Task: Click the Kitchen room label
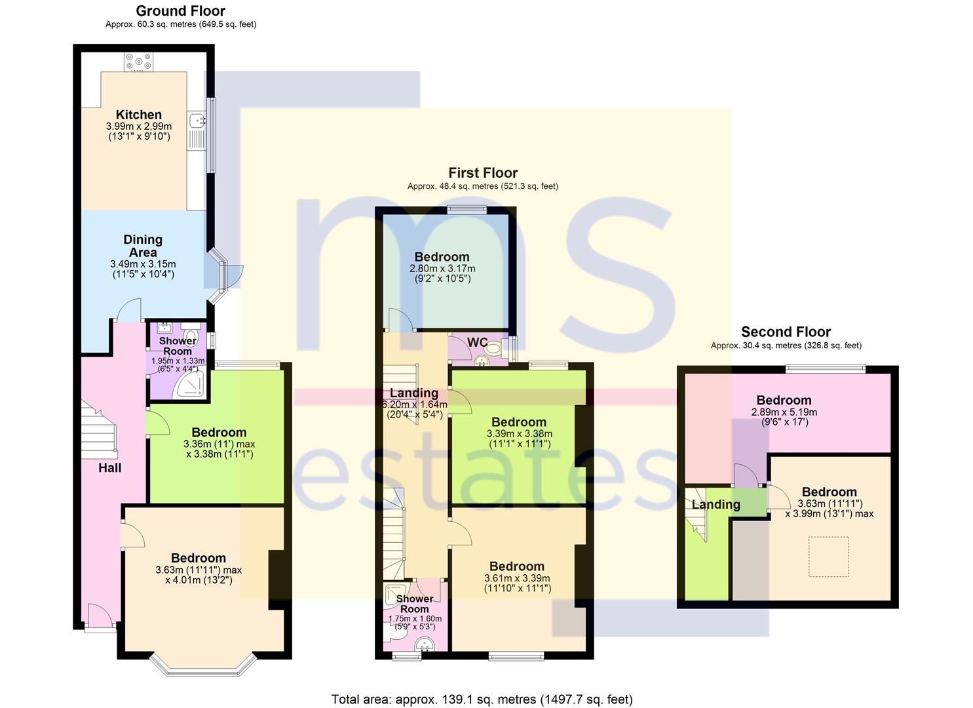138,115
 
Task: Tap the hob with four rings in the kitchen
138,62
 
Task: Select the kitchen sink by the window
197,120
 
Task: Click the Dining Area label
143,246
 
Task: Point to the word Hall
109,468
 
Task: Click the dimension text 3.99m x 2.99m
139,127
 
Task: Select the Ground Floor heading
181,11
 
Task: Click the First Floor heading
483,173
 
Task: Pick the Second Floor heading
786,332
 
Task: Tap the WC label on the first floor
478,342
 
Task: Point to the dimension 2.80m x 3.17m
442,269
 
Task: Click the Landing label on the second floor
716,505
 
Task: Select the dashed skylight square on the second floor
828,557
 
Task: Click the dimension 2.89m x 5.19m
784,412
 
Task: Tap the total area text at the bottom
482,699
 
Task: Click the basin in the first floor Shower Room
425,644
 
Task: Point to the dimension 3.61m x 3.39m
517,578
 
